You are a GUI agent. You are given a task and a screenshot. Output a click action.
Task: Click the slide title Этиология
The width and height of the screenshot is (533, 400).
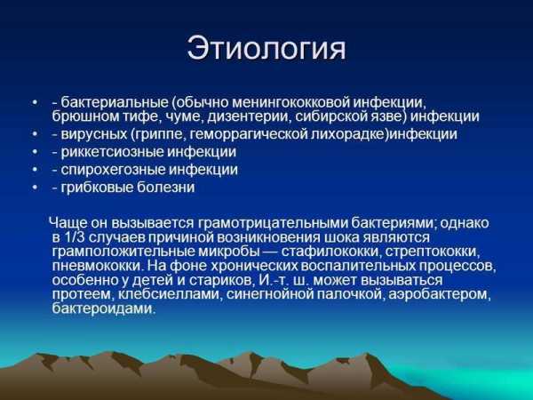[266, 48]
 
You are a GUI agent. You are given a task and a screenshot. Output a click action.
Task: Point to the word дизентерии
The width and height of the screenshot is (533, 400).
[249, 116]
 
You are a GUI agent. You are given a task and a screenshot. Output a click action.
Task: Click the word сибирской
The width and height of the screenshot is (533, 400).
[330, 116]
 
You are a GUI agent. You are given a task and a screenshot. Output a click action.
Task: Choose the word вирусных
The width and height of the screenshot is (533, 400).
[94, 134]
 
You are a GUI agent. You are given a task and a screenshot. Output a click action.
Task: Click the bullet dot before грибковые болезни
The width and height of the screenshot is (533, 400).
[35, 188]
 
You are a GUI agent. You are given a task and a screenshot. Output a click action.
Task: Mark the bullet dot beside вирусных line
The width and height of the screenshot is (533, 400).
[35, 135]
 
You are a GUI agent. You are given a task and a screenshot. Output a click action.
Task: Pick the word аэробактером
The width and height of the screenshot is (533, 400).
[440, 294]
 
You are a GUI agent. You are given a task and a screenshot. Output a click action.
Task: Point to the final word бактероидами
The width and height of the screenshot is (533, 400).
[104, 308]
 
